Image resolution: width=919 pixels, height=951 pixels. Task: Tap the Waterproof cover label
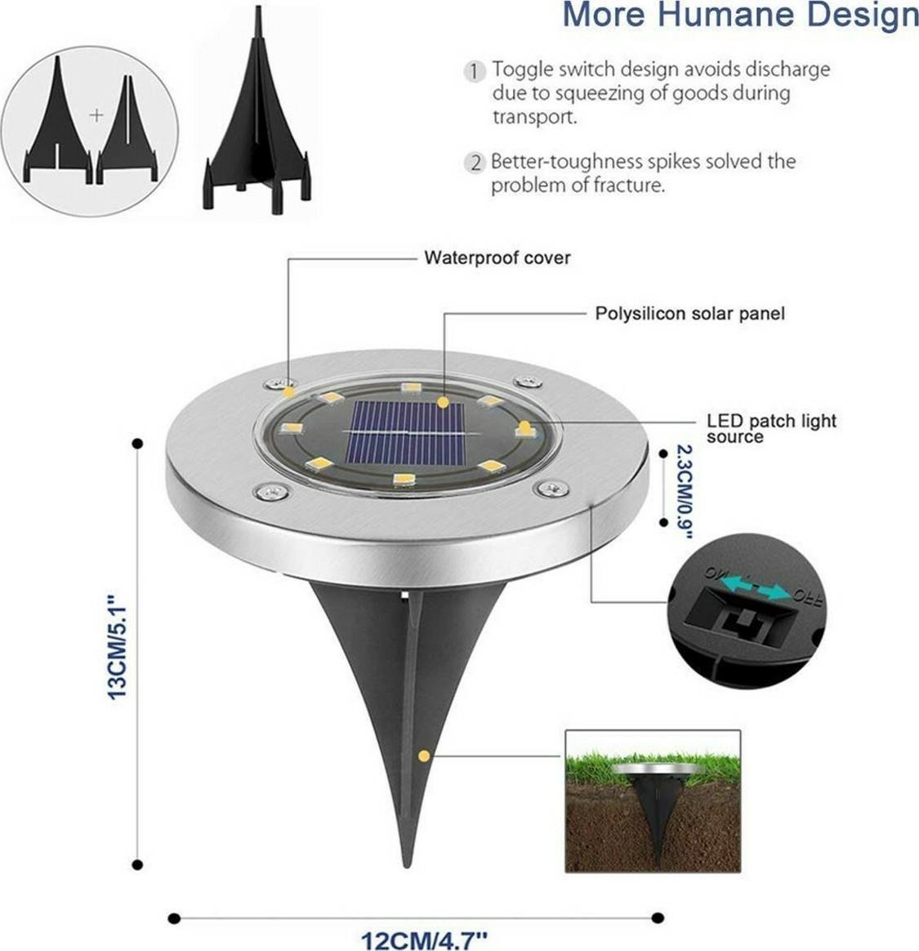pos(497,258)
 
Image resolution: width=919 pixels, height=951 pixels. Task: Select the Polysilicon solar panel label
pos(689,313)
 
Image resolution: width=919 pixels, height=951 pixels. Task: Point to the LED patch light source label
pos(770,428)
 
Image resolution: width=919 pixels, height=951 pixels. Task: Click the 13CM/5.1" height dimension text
pos(118,650)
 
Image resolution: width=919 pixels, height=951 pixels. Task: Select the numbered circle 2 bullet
pos(475,163)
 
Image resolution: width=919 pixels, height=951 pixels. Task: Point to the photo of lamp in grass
pos(653,801)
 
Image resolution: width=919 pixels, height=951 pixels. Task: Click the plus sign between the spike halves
pos(96,115)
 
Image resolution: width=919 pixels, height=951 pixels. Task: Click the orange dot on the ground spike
pos(423,756)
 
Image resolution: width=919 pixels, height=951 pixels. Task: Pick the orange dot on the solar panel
pos(443,402)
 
